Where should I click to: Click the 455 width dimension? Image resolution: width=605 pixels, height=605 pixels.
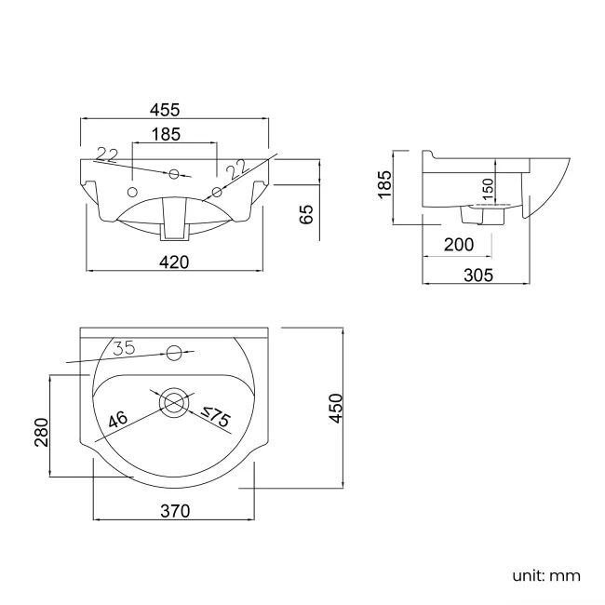tap(176, 111)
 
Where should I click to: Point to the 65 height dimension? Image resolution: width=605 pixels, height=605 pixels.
tap(306, 215)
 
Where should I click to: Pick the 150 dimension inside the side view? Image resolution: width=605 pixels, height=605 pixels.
tap(488, 190)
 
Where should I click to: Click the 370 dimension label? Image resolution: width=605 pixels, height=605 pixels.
tap(174, 510)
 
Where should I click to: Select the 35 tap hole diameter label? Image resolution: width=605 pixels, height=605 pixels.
tap(124, 348)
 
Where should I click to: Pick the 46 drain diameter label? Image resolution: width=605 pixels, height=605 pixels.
tap(117, 420)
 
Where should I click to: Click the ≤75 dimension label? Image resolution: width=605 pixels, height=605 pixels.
tap(215, 418)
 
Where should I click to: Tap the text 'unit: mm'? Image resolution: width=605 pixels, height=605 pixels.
tap(545, 575)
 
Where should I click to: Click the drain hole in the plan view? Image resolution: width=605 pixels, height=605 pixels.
tap(173, 402)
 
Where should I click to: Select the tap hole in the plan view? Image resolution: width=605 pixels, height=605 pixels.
tap(173, 352)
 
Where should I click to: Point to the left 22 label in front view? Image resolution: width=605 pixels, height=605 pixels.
tap(107, 155)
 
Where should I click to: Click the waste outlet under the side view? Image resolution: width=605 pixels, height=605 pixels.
tap(483, 214)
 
